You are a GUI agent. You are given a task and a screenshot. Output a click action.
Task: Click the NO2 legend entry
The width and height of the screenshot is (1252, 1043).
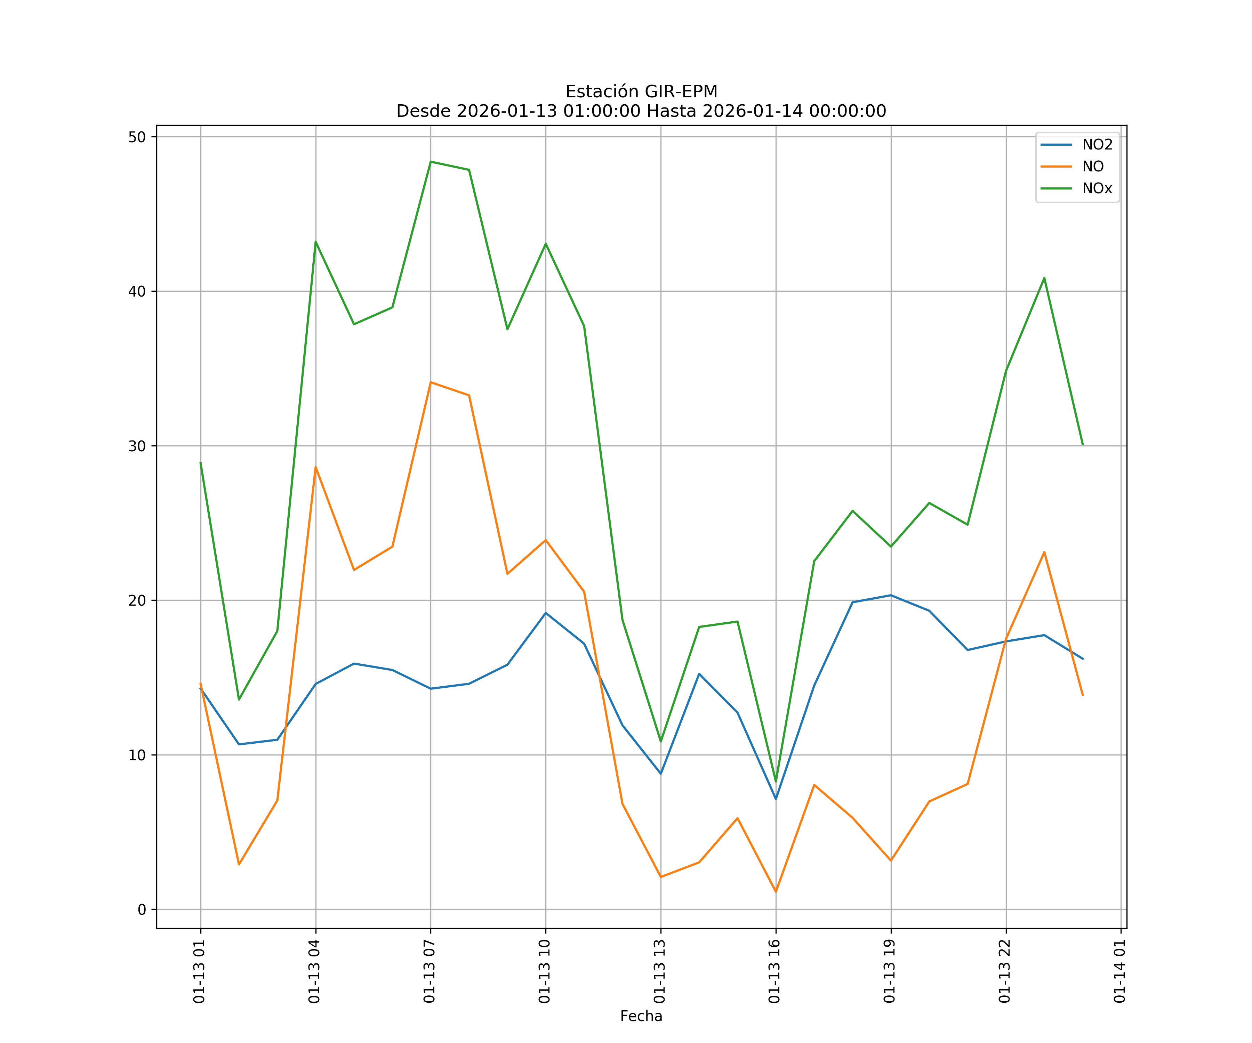(1097, 145)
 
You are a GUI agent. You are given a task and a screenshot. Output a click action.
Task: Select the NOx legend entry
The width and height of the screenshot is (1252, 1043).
(1097, 189)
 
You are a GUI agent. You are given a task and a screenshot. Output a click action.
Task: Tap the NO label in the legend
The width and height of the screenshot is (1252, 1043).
(1093, 167)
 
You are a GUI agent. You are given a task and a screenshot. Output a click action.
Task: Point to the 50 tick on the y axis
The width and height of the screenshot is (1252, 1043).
(137, 137)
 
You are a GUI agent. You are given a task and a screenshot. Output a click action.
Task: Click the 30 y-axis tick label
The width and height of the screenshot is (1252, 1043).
(137, 446)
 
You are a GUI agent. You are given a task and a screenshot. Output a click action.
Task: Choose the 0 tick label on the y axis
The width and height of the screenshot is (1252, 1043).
(142, 910)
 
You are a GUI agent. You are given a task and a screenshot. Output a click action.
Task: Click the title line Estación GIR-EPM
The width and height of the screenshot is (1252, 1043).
(641, 92)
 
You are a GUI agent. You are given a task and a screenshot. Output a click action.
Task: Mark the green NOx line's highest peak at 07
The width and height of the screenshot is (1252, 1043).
(431, 162)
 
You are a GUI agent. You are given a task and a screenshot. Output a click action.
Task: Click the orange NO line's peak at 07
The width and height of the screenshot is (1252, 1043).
(431, 382)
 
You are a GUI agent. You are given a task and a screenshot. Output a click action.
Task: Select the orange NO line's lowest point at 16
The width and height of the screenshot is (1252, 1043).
(776, 892)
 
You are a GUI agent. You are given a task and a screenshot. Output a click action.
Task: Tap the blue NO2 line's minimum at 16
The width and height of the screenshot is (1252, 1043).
(776, 799)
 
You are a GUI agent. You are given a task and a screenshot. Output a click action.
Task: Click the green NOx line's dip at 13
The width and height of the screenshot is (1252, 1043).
(660, 742)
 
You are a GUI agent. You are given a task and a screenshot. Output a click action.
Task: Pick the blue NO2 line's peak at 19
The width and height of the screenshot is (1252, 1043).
(891, 596)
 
